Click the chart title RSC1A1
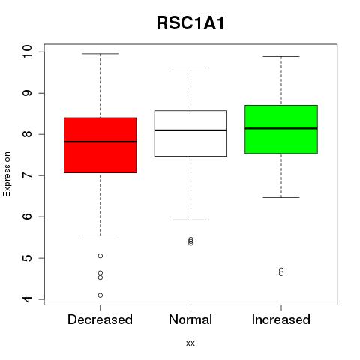190,23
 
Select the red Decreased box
100,145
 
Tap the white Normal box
190,133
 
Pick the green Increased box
281,129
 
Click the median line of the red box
100,142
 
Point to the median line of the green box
281,128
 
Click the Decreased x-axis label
100,319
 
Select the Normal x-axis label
190,319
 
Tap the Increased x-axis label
281,319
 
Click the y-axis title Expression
7,174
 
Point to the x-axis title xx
190,343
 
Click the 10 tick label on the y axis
27,52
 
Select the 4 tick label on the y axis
27,299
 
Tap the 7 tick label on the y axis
27,175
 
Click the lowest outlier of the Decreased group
100,295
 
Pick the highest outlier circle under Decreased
100,256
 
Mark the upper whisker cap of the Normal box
190,67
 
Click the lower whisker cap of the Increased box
281,197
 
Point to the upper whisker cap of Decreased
100,54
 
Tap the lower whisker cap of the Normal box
190,220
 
